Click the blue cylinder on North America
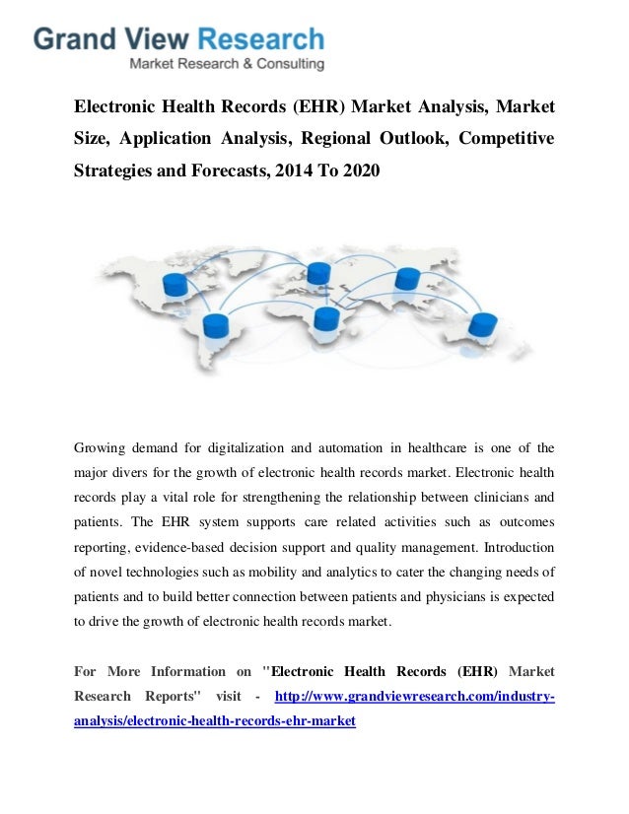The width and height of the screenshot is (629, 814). coord(175,285)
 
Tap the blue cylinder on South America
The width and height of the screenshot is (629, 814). coord(214,326)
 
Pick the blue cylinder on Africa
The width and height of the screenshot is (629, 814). coord(324,317)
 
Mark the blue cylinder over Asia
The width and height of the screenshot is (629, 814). coord(407,279)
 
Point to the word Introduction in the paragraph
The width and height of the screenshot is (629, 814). coord(506,546)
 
